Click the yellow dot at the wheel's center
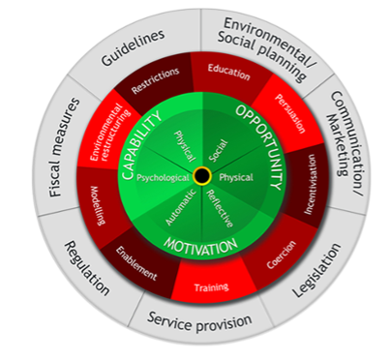tap(201, 175)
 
